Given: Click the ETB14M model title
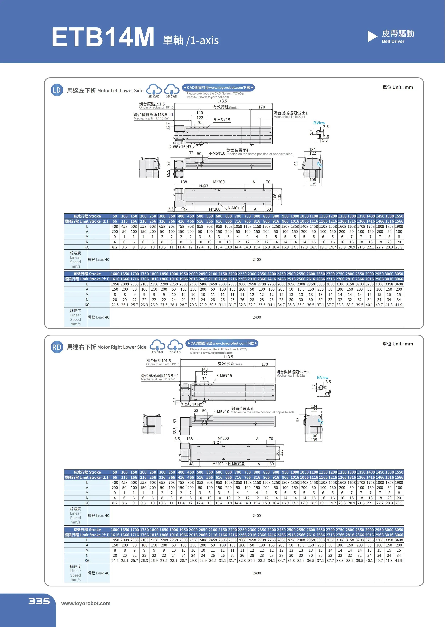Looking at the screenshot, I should tap(103, 37).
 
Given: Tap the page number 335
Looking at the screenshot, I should tap(39, 601).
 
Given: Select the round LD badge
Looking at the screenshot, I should tap(57, 90).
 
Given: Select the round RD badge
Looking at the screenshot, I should tap(57, 347).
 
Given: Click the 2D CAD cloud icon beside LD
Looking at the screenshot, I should tap(154, 90).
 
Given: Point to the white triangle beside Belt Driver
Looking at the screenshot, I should tap(372, 36).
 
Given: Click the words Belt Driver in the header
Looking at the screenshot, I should tap(393, 41).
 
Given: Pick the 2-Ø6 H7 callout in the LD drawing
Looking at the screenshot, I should tap(180, 147).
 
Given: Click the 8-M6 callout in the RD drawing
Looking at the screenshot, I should tap(224, 376).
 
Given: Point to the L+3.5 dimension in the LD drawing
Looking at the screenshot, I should tap(222, 101).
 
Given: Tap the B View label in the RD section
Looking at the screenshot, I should tap(322, 377).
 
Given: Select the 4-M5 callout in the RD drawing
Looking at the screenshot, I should tap(221, 412).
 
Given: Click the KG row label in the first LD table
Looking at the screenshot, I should tap(87, 247).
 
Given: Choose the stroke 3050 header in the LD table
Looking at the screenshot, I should tap(399, 274).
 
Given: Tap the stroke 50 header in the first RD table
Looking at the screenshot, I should tap(115, 472).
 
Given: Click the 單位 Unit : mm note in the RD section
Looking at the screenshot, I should tap(398, 344).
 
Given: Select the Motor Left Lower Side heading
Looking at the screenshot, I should tap(105, 90).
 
